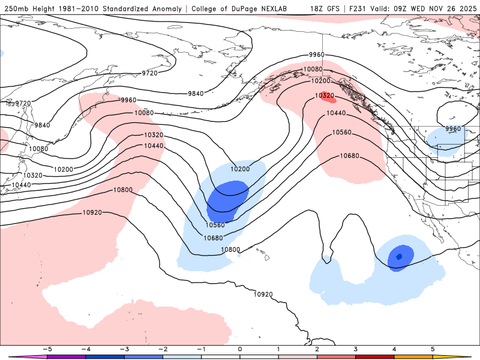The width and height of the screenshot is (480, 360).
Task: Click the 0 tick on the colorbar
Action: pyautogui.click(x=240, y=349)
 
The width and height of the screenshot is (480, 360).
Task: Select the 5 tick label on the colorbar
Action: pyautogui.click(x=433, y=349)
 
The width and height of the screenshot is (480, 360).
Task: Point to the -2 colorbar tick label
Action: pyautogui.click(x=162, y=349)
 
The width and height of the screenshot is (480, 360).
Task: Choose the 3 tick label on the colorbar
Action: pyautogui.click(x=355, y=349)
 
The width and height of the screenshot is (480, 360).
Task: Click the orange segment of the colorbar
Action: pyautogui.click(x=413, y=356)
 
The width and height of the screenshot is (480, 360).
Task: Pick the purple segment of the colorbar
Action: pyautogui.click(x=66, y=356)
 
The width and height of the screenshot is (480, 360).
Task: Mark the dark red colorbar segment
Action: pyautogui.click(x=375, y=356)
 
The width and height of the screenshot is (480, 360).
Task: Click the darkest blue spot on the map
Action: pyautogui.click(x=399, y=257)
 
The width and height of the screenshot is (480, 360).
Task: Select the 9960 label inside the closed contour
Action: pyautogui.click(x=452, y=129)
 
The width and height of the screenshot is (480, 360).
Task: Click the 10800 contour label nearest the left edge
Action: pyautogui.click(x=123, y=190)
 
